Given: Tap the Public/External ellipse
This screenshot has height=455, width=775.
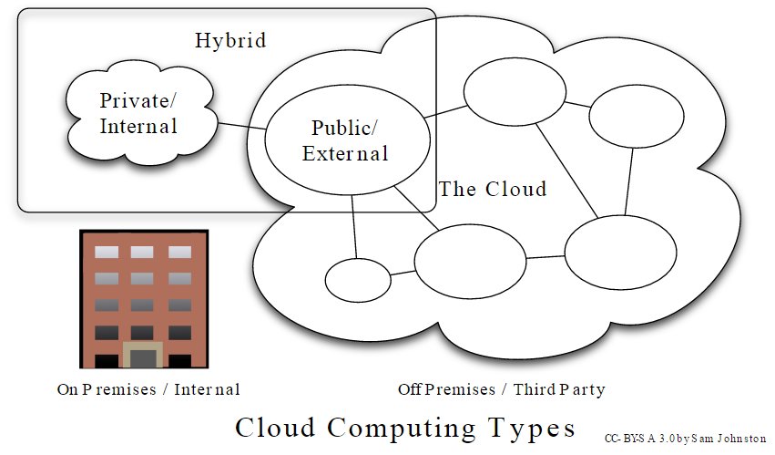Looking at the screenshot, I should tap(345, 141).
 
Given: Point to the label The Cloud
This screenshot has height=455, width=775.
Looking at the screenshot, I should tap(493, 190).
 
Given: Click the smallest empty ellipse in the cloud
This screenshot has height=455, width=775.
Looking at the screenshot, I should tap(357, 280).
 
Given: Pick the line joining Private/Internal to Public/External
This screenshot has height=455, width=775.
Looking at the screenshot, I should tap(240, 126).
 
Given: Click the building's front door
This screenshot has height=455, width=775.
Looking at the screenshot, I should tap(141, 359).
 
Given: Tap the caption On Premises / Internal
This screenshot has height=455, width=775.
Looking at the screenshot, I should tap(148, 389).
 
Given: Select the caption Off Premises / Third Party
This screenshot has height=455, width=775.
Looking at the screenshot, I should tap(502, 389).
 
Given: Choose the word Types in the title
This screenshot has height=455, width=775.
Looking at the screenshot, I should tap(536, 428).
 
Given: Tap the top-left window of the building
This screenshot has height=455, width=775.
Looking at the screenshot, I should tap(107, 252).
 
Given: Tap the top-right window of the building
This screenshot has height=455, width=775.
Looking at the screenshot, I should tap(178, 252).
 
